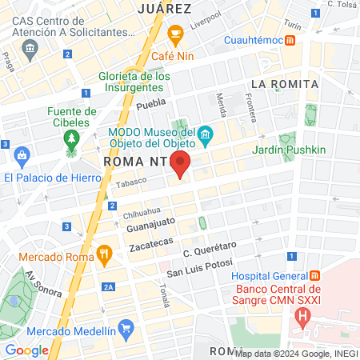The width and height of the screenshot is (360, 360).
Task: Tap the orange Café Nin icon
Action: click(x=176, y=34)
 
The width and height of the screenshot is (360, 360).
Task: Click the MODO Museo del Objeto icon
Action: click(x=206, y=134)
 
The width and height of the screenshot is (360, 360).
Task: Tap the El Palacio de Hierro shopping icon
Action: click(x=22, y=154)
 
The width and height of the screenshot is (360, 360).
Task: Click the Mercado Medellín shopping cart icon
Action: click(x=125, y=327)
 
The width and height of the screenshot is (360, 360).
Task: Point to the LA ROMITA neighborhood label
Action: click(x=284, y=83)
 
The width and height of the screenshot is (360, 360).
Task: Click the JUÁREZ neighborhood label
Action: click(x=164, y=9)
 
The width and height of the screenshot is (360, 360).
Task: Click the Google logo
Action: click(x=27, y=350)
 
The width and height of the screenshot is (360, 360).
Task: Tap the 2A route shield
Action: click(x=109, y=286)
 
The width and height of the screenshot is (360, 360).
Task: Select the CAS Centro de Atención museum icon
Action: click(x=30, y=49)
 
